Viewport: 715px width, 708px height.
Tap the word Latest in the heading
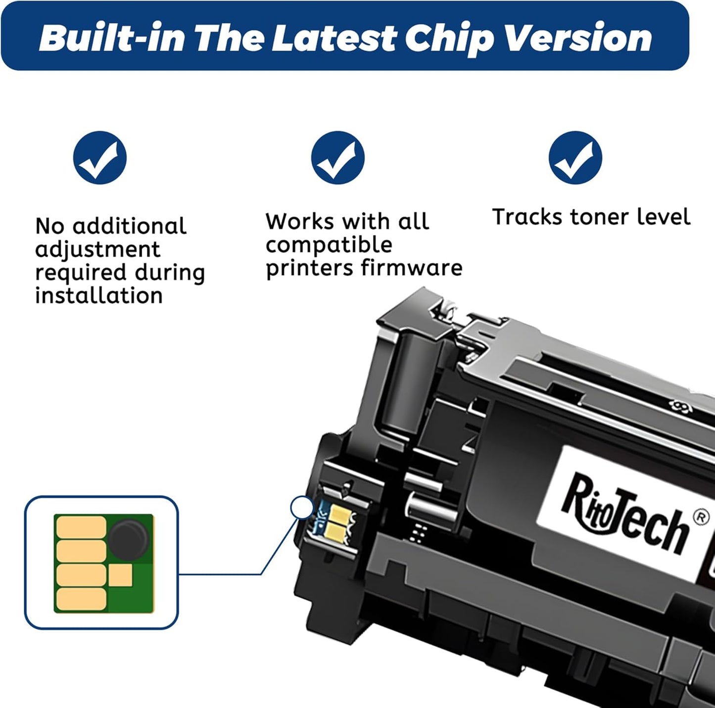[334, 38]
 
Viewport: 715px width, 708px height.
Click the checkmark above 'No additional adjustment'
[100, 158]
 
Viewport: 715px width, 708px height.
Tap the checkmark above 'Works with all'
[338, 158]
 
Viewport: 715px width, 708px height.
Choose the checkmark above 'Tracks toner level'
[575, 158]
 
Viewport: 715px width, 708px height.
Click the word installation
[99, 295]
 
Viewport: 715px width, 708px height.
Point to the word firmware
[412, 268]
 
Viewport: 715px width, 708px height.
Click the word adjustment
[98, 249]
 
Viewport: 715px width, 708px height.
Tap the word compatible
[329, 244]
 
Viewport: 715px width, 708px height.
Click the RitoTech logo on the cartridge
[625, 515]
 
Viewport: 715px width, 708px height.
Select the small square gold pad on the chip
[120, 576]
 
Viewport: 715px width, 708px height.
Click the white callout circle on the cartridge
[302, 508]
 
